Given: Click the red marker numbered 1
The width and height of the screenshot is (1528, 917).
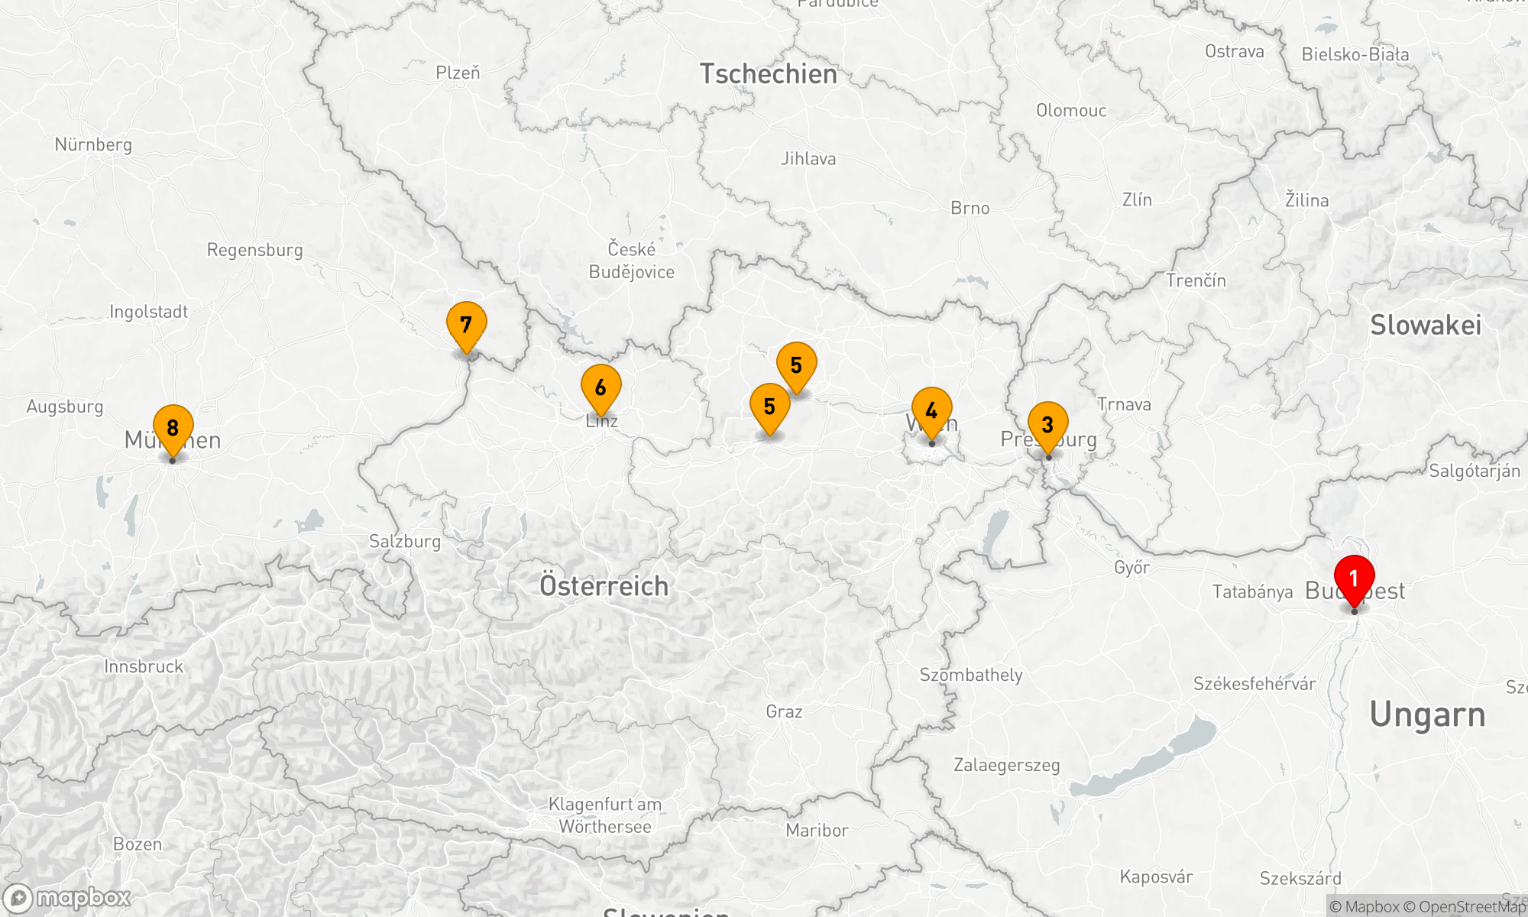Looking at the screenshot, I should (x=1354, y=579).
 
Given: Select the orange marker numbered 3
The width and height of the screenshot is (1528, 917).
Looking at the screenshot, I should (x=1047, y=425).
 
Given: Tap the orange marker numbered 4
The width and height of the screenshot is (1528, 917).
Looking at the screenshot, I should (x=931, y=411).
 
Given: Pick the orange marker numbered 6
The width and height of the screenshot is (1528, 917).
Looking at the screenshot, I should (x=601, y=388).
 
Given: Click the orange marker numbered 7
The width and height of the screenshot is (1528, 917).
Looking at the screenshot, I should (x=466, y=325).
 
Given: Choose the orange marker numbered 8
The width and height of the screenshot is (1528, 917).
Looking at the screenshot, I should (x=173, y=428).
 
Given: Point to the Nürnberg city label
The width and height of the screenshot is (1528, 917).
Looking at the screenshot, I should (x=93, y=144).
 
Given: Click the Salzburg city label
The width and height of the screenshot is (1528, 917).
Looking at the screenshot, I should (x=405, y=542).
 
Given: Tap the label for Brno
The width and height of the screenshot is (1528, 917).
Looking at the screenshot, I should (x=970, y=208).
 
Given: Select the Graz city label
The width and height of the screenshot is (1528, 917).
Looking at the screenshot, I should (x=784, y=711).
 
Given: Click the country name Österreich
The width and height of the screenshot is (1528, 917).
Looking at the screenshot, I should (x=604, y=586).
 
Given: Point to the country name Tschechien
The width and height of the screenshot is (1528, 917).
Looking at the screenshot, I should (x=769, y=74).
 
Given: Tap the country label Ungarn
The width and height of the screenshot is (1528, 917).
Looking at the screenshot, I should (x=1427, y=714).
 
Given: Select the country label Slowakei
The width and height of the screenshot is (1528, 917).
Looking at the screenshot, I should (x=1426, y=325).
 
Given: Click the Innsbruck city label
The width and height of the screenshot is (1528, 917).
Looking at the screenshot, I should (x=144, y=666).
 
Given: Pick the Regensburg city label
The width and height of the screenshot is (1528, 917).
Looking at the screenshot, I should (x=254, y=250).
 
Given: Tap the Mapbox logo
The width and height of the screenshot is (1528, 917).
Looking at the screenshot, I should (x=67, y=897).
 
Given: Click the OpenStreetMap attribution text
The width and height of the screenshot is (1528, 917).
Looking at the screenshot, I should (x=1471, y=907).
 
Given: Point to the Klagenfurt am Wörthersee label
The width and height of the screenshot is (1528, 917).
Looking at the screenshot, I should (x=605, y=815).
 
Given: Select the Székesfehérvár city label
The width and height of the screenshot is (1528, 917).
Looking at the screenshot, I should (x=1254, y=684).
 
